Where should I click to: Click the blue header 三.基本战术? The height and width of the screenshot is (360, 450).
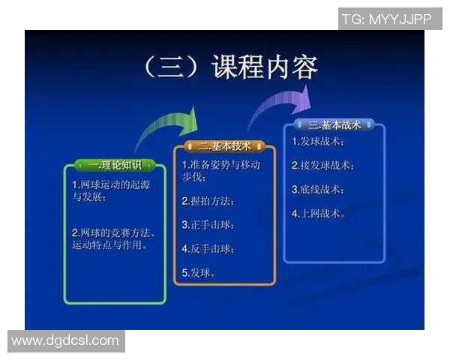pos(334,124)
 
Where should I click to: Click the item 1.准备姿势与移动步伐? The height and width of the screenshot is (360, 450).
pos(220,171)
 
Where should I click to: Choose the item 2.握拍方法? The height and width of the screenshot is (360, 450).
pos(208,201)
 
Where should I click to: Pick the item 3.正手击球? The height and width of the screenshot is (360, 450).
pos(208,224)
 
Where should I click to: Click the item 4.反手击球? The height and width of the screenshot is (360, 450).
pos(208,248)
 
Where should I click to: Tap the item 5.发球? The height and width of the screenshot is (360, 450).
pos(199,272)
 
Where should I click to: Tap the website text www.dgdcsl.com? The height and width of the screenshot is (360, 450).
pos(65,340)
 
